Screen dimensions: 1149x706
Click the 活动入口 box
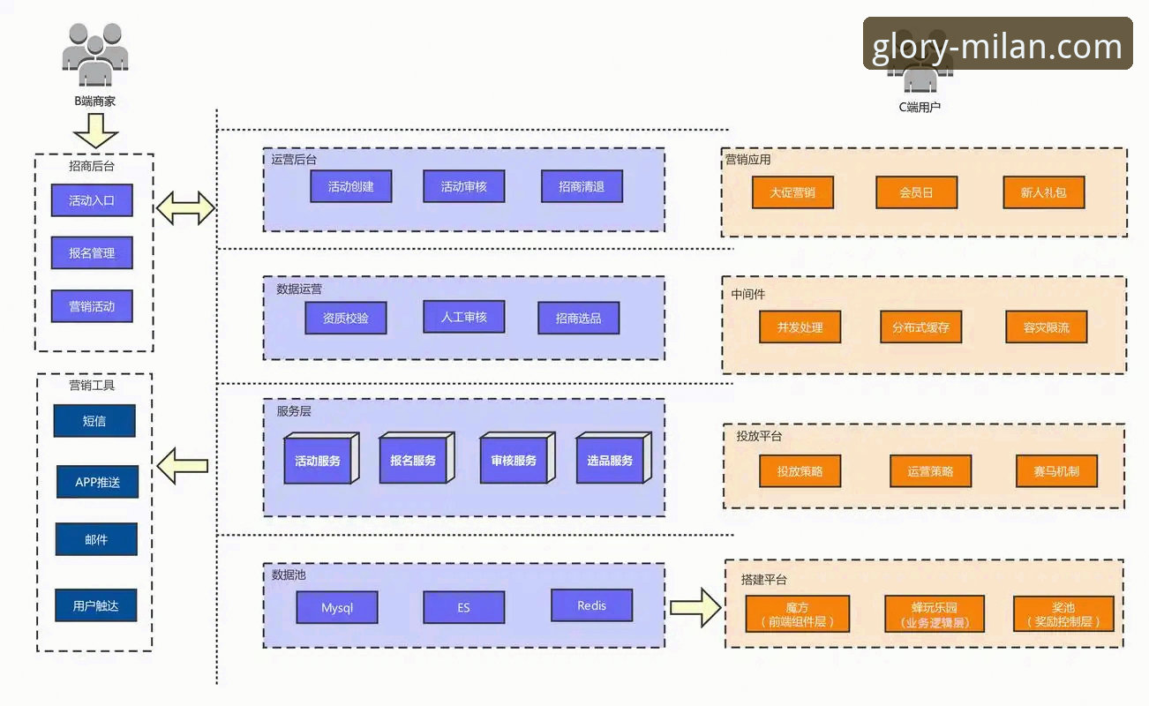click(92, 200)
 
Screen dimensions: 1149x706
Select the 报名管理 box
click(92, 252)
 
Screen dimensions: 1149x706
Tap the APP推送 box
click(97, 482)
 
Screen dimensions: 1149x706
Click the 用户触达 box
click(96, 605)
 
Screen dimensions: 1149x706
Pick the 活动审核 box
click(463, 186)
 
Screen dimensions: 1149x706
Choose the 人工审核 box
click(463, 317)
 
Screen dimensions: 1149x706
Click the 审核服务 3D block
click(517, 458)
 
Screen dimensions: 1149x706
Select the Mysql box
click(337, 607)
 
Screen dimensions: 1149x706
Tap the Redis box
click(592, 605)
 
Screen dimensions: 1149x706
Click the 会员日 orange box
click(917, 192)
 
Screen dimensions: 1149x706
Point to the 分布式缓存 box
click(920, 327)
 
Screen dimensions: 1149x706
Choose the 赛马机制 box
click(1056, 471)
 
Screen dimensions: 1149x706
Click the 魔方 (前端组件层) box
click(797, 613)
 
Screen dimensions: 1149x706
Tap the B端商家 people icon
click(95, 54)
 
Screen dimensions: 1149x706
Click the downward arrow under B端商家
click(96, 131)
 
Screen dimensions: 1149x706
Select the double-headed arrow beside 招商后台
click(185, 208)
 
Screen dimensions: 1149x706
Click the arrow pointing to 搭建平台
click(695, 607)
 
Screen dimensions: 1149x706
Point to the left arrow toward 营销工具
click(182, 466)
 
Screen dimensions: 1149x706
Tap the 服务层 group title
click(293, 411)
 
